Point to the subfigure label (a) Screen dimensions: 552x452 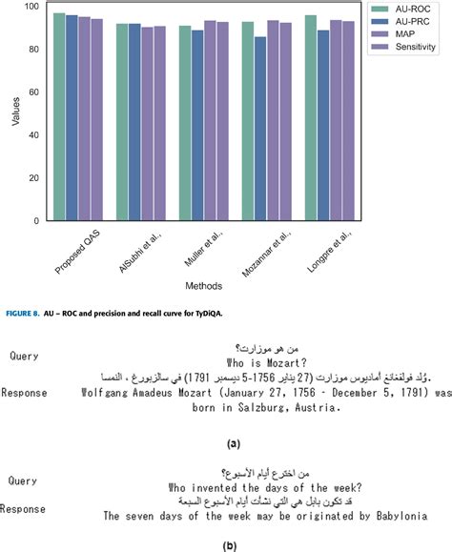pos(233,443)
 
